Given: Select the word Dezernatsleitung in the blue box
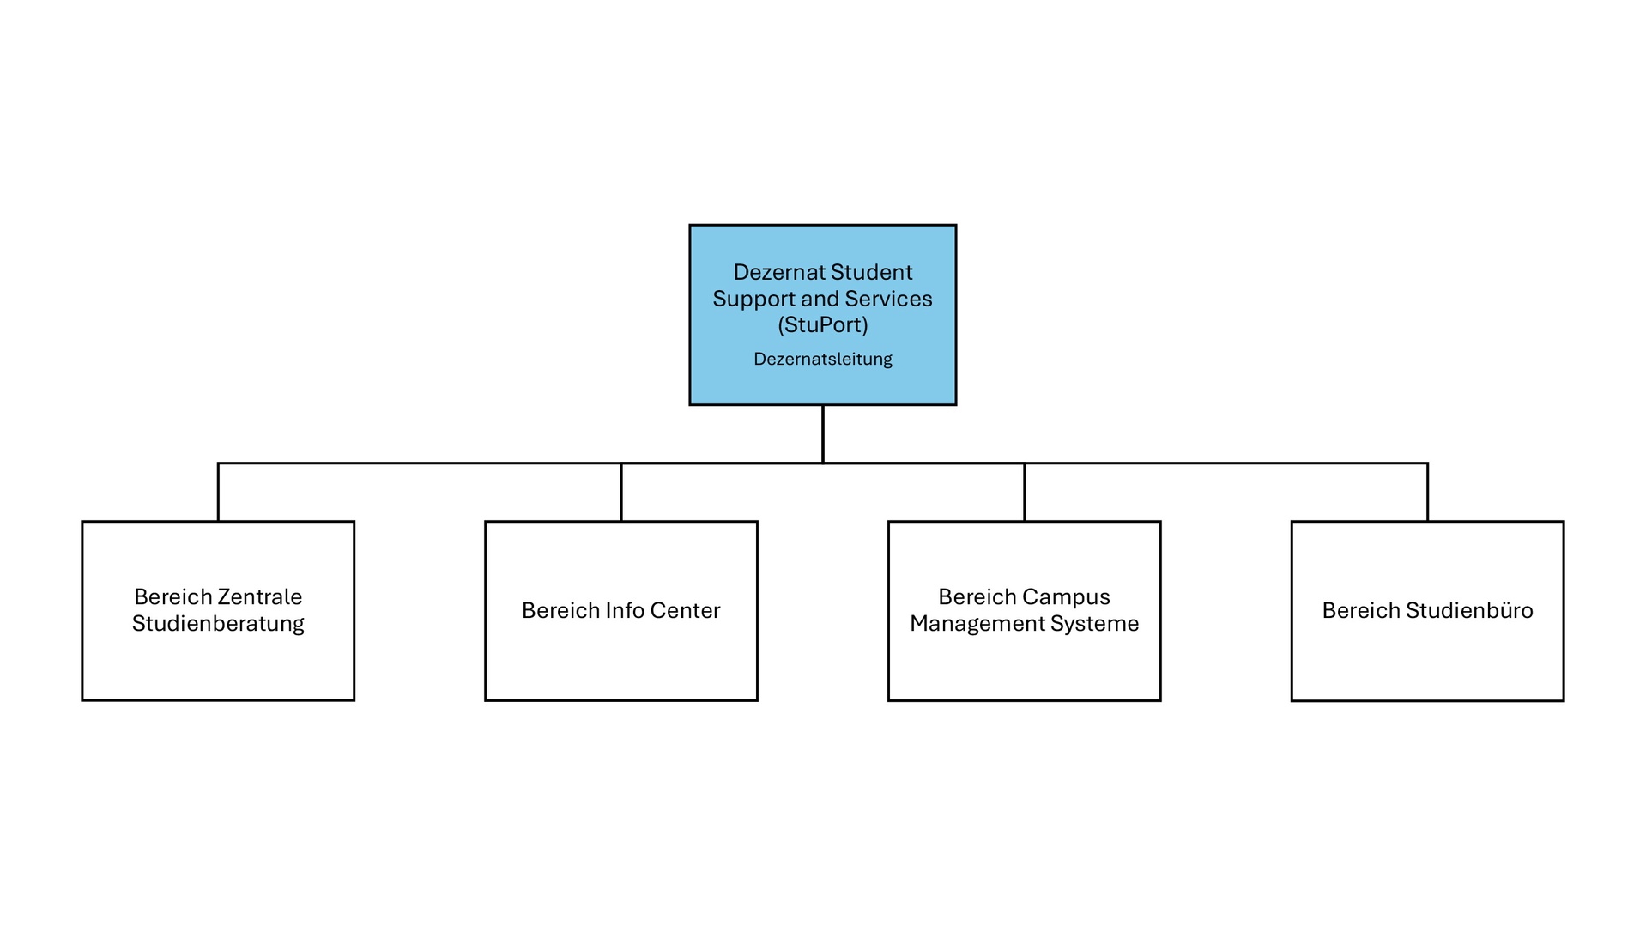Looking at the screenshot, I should (822, 359).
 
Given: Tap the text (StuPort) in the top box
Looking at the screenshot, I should (822, 324).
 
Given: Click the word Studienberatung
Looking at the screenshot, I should (218, 623).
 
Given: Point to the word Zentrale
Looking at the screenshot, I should (260, 596).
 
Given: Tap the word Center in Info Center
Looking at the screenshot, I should (685, 610).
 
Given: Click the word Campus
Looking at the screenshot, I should (1067, 596).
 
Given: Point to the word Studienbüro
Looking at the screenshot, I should (1469, 610).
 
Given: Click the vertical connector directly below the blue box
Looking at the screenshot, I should (822, 433).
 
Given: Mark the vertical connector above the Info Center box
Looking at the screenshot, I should (620, 493).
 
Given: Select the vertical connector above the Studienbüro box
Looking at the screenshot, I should (1427, 493).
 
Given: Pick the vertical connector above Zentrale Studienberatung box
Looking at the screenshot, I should (218, 493).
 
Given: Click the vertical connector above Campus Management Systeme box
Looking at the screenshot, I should (1024, 493).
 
